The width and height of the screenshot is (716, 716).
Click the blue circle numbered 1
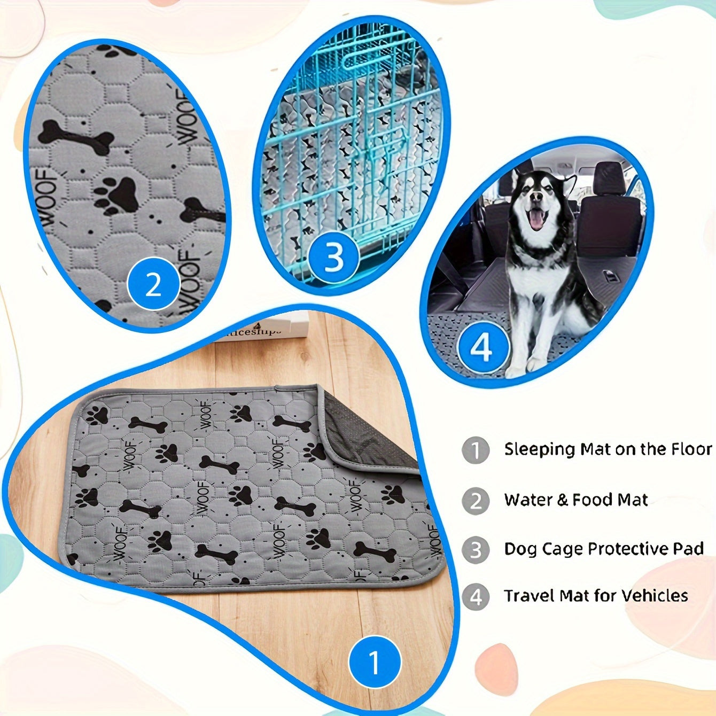pos(375,662)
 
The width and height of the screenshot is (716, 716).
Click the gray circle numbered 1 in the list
pos(475,450)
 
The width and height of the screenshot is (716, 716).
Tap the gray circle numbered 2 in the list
pos(475,501)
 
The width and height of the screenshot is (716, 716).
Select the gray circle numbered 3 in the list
pos(475,549)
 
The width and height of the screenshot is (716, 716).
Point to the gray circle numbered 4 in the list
pos(475,596)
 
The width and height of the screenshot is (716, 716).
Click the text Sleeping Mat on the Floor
pos(608,449)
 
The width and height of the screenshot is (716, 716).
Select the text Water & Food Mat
pos(575,500)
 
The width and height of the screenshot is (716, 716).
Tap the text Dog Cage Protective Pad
pos(603,549)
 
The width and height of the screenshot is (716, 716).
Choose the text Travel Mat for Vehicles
pos(596,596)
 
